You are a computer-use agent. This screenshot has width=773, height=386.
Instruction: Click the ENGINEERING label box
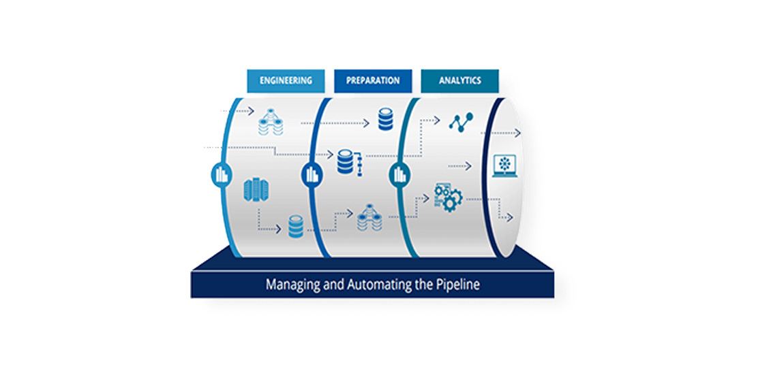(286, 81)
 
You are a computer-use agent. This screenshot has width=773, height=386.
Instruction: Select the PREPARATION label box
(373, 81)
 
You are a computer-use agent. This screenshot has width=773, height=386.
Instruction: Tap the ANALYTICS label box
(459, 81)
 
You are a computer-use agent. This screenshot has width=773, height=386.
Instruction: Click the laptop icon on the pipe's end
(505, 166)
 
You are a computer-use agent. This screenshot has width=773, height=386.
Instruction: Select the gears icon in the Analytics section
(448, 197)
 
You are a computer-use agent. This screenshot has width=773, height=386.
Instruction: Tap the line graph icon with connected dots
(461, 122)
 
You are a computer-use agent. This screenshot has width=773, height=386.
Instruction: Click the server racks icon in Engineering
(256, 190)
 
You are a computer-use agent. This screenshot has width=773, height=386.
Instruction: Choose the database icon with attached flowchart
(350, 163)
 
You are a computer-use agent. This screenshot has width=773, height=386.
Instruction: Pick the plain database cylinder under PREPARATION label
(386, 119)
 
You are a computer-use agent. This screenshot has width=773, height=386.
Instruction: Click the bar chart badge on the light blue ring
(222, 175)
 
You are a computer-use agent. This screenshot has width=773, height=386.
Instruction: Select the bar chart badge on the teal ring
(400, 175)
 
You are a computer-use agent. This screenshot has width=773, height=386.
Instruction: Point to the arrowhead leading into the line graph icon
(436, 119)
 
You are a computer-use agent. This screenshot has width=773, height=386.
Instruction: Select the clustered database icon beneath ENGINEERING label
(271, 122)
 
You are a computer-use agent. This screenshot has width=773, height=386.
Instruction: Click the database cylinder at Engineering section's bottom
(296, 227)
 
